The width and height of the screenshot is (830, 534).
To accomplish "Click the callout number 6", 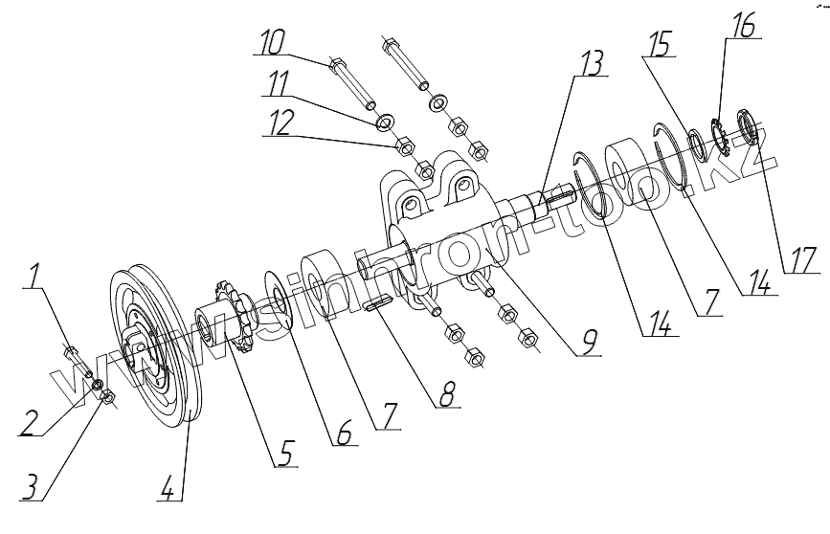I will (342, 433).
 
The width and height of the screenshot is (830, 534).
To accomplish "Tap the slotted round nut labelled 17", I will (746, 126).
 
